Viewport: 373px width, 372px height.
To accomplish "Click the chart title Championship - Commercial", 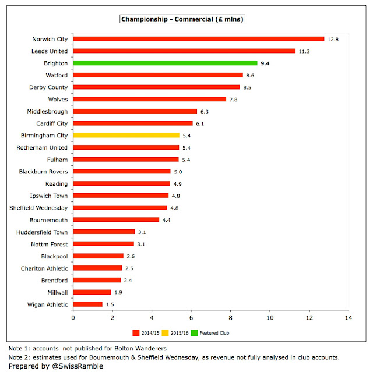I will pos(182,19).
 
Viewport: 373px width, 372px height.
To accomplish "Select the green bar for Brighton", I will pos(165,63).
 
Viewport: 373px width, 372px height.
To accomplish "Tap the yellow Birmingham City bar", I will pos(126,135).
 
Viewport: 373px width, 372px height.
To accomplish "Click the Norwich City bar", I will pos(198,39).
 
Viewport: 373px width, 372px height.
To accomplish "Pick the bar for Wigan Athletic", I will pos(87,304).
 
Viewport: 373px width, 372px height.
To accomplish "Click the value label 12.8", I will pos(332,39).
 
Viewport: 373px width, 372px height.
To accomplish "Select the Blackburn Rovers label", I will pos(41,172).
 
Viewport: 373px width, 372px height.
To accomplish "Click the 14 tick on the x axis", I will pos(349,318).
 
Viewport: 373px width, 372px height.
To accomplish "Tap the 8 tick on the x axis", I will pos(231,318).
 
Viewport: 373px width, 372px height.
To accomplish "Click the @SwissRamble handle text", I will pos(74,366).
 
